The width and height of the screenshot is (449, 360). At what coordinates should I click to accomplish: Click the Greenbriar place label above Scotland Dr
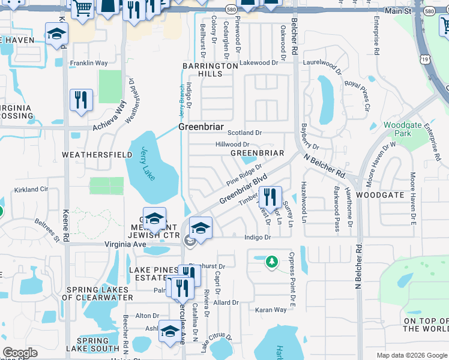click(x=200, y=127)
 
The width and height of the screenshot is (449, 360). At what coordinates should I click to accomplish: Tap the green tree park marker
click(x=272, y=262)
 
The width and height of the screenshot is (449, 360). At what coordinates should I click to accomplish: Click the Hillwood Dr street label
click(x=232, y=145)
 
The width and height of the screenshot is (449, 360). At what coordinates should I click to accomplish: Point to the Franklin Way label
click(x=88, y=63)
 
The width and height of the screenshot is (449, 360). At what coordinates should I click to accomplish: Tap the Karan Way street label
click(x=271, y=310)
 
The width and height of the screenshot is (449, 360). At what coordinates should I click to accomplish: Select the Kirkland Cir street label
click(x=31, y=190)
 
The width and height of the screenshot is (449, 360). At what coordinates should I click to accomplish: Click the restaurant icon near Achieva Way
click(x=80, y=100)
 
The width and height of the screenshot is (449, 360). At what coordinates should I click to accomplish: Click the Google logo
click(x=20, y=353)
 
